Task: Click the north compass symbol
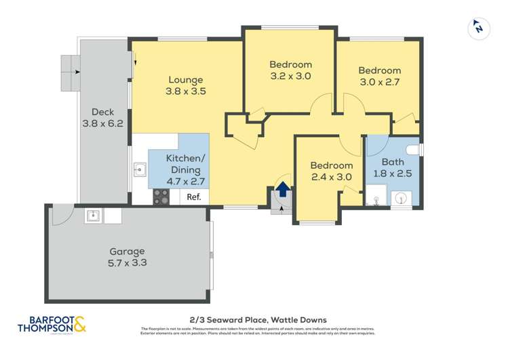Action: click(478, 28)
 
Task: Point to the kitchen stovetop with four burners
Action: click(161, 197)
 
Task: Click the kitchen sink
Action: click(140, 169)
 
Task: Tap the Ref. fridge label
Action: click(195, 197)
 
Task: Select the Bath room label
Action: click(392, 162)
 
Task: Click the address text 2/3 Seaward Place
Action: click(257, 319)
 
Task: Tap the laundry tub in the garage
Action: click(94, 216)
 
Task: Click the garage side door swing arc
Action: click(62, 216)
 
